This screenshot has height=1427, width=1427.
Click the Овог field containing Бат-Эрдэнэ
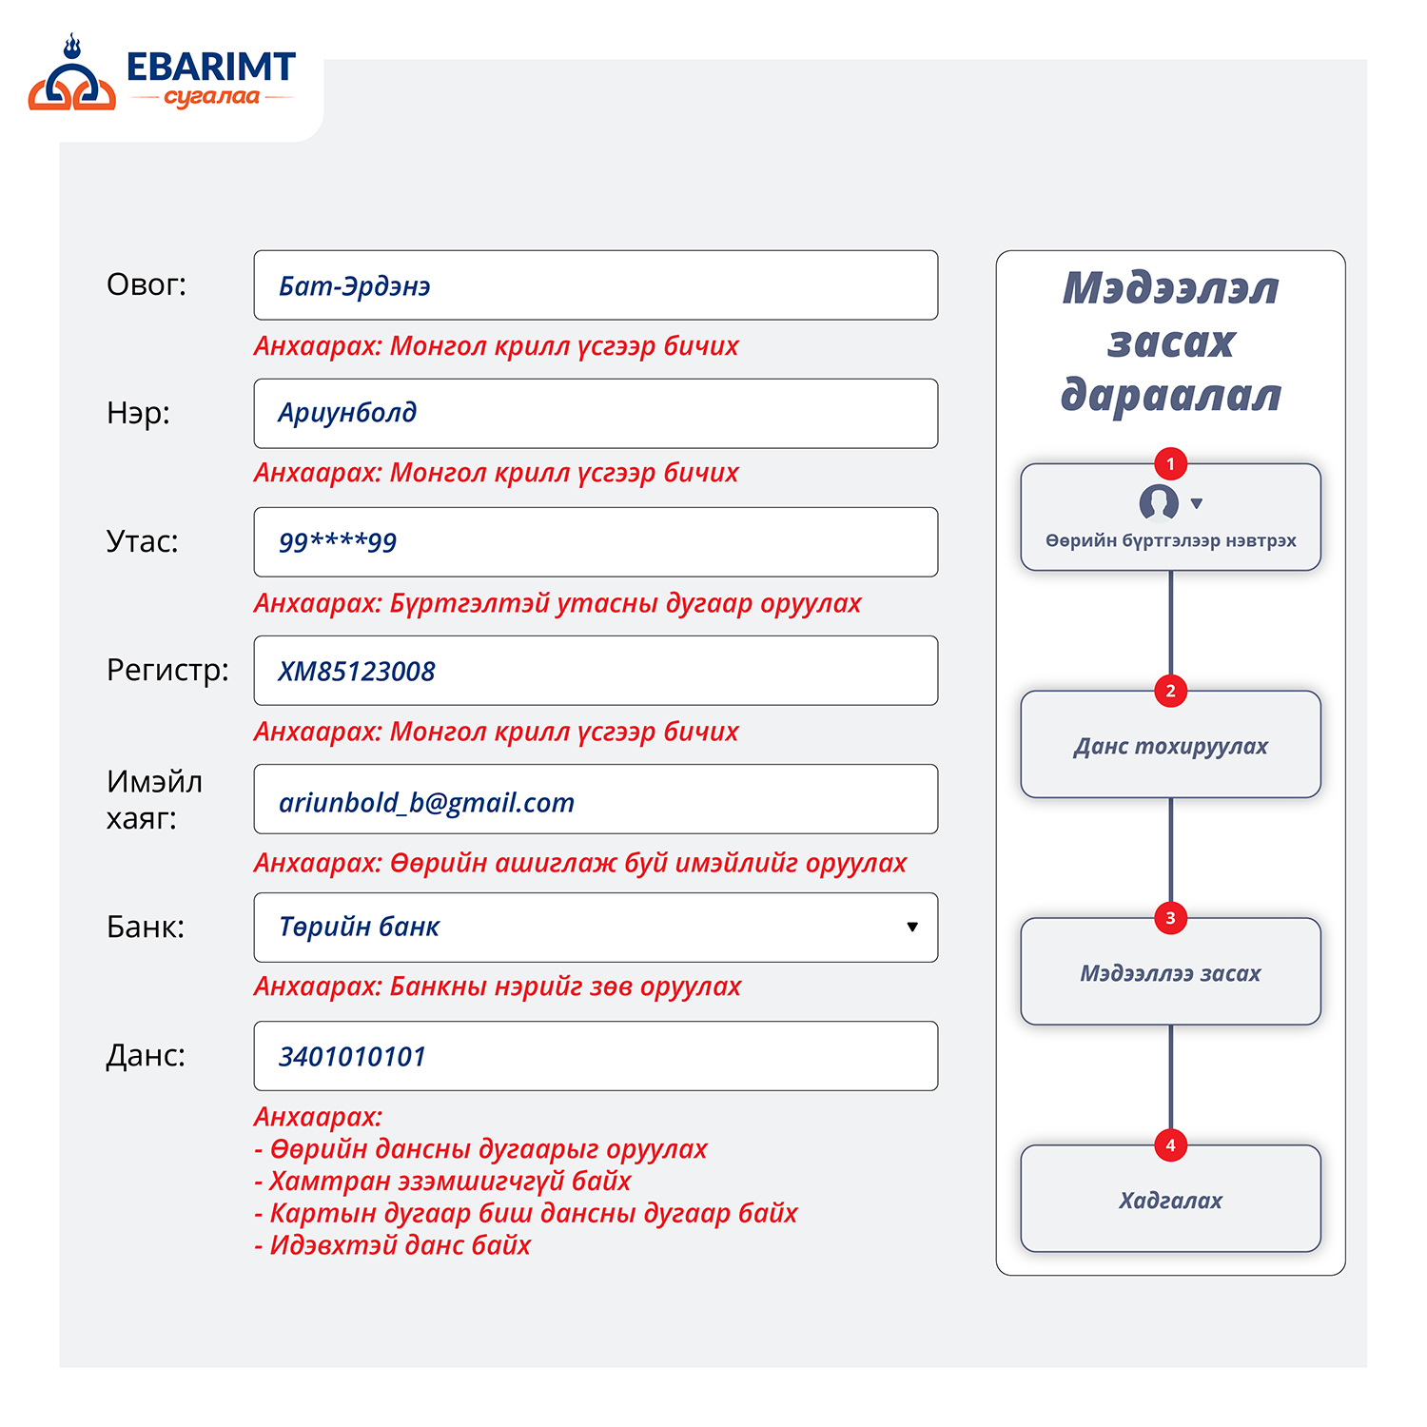596,285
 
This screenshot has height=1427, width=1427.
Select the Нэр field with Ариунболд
596,414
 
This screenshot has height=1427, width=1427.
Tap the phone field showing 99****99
596,542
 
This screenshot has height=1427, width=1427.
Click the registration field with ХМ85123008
596,671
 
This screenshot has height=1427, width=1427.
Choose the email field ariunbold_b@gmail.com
596,799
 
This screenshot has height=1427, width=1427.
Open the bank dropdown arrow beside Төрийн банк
912,928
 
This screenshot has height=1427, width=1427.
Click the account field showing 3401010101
596,1056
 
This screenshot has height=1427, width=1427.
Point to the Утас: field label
143,541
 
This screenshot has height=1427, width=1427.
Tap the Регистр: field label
167,671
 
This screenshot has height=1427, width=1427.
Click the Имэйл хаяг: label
154,799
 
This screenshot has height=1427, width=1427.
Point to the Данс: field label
146,1055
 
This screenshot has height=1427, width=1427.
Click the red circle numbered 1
1170,464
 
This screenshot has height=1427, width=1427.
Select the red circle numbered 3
1170,918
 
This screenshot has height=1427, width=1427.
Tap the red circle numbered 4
1170,1145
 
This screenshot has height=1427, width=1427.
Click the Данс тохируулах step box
1170,745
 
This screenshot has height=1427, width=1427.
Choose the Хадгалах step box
1170,1199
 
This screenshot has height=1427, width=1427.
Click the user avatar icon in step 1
1159,503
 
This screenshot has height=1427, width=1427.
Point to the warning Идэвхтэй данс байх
392,1245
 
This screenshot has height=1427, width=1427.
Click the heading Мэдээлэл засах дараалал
1170,342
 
